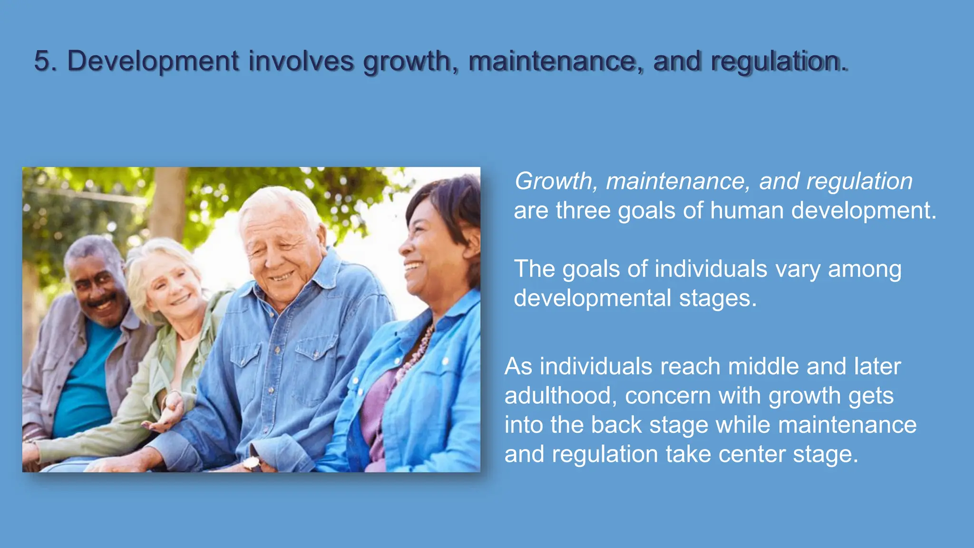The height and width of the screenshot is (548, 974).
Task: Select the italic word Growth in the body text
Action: tap(553, 181)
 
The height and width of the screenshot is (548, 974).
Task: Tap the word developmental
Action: tap(592, 298)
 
